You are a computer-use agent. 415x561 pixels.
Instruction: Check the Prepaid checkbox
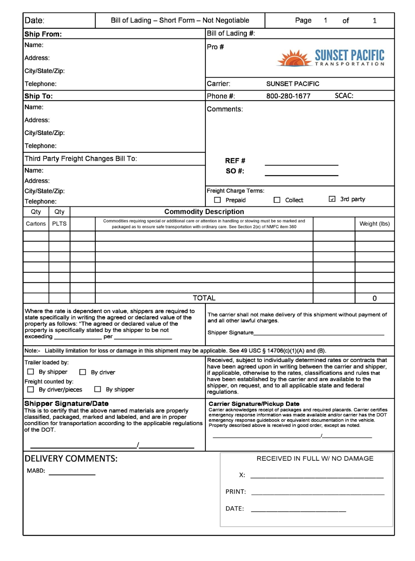click(217, 200)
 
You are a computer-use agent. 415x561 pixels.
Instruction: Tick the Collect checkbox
click(277, 200)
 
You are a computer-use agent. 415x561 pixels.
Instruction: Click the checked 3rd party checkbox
click(332, 199)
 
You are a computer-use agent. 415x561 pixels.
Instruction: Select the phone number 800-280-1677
click(288, 96)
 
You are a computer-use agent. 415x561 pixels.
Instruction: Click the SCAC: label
click(344, 96)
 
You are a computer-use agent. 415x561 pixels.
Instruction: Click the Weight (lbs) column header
click(374, 224)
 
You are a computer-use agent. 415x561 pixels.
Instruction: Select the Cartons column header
click(36, 224)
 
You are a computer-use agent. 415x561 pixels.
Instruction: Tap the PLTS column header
click(59, 224)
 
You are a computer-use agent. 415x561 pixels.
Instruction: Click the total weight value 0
click(374, 298)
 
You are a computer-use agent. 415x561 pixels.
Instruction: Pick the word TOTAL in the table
click(204, 298)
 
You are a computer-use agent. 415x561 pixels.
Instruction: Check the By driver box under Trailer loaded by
click(83, 372)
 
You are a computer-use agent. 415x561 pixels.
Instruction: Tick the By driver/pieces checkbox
click(31, 389)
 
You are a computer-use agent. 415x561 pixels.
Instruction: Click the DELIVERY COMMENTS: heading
click(71, 459)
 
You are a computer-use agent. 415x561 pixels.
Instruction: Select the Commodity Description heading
click(204, 212)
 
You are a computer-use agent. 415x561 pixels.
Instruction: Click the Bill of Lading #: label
click(231, 34)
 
